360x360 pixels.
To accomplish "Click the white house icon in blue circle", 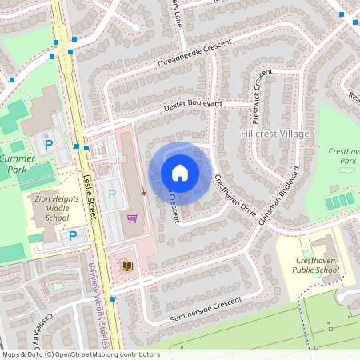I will point(180,173).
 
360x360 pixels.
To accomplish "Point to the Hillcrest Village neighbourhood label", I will point(274,134).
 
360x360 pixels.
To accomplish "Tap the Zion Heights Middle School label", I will point(51,207).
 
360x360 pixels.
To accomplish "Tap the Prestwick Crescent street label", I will point(258,90).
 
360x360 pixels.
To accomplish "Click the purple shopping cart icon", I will point(132,218).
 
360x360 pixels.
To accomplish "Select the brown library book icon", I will point(127,266).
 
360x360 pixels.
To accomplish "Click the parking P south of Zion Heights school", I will point(73,236).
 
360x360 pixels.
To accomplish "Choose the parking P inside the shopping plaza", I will point(111,194).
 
